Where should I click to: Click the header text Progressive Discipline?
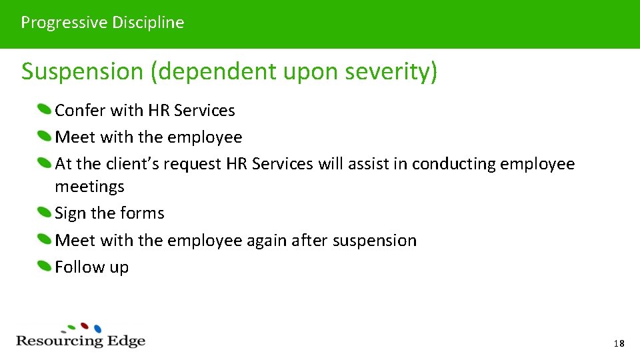(102, 23)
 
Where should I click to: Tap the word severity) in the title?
(397, 71)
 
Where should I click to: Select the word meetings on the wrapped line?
(89, 187)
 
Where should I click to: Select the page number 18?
(619, 344)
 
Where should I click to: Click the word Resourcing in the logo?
(59, 341)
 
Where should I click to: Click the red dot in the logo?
(85, 326)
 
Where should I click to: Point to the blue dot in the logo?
(97, 329)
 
